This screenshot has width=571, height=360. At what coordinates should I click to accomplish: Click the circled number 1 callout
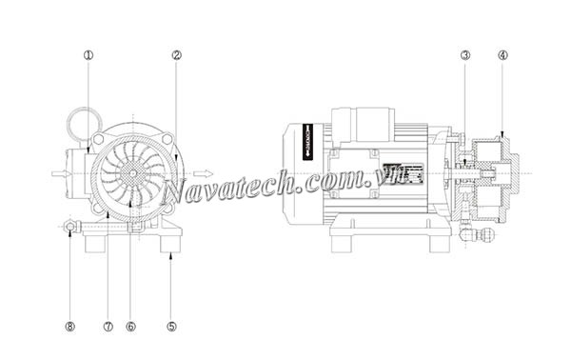(x=89, y=55)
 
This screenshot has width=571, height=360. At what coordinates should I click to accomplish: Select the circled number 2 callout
(x=176, y=55)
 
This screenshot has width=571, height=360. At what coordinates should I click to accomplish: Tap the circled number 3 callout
(x=464, y=55)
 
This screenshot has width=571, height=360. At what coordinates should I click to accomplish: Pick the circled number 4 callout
(x=502, y=55)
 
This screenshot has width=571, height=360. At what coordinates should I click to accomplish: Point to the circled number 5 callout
(x=171, y=326)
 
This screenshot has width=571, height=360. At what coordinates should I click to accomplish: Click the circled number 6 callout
(x=130, y=326)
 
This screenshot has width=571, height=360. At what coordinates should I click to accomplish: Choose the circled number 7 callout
(x=108, y=326)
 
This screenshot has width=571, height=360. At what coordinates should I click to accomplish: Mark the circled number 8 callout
(x=69, y=326)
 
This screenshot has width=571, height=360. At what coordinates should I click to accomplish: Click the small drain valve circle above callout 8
(x=69, y=227)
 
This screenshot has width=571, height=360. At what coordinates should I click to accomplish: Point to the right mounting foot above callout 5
(x=170, y=243)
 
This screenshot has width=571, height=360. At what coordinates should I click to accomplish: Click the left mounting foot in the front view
(x=95, y=243)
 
